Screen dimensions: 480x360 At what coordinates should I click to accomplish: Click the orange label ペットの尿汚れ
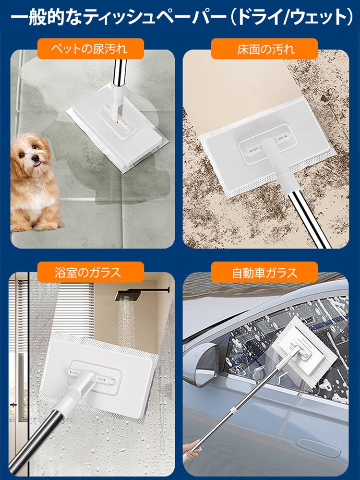91,49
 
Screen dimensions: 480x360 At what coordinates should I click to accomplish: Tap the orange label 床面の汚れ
265,49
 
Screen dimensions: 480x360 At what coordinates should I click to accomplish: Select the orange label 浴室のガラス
91,272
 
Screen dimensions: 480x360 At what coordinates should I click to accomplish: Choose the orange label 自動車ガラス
265,272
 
